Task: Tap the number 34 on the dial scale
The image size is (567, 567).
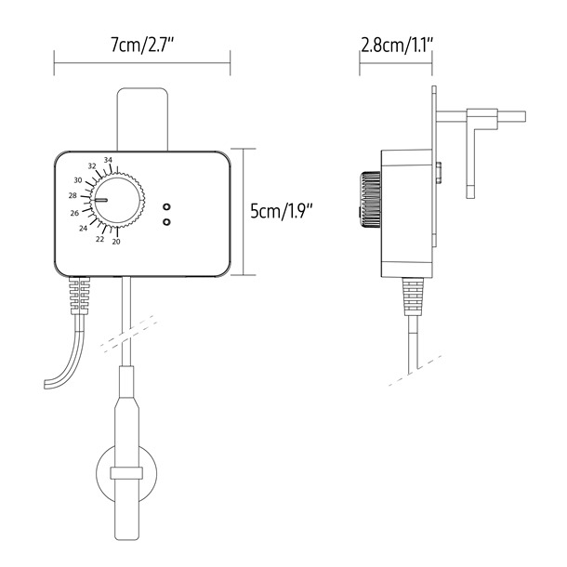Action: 109,161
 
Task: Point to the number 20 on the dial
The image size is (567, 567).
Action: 115,242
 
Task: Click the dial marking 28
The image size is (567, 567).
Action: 73,196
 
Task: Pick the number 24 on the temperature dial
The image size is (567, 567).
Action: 83,228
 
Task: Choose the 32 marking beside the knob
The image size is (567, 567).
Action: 92,166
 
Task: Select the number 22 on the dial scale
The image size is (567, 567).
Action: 99,238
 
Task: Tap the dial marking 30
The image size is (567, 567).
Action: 78,179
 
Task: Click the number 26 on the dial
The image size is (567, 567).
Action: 74,213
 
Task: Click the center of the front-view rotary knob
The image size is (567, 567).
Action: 116,200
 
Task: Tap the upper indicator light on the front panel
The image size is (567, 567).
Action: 166,206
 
